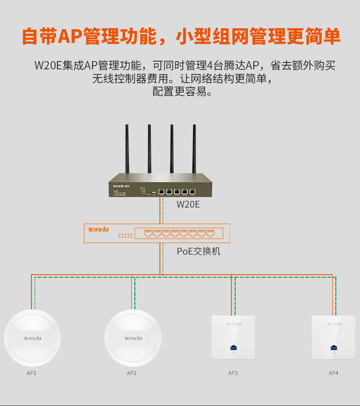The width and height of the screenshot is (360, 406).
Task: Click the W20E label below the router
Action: coord(188,204)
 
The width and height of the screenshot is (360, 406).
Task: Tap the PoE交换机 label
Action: coord(199,251)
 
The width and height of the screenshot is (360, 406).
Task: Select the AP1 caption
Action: coord(31,373)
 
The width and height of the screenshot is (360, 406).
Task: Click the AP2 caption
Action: coord(132,373)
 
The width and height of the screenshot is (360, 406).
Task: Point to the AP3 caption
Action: coord(233,373)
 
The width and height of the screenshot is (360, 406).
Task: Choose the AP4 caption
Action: coord(334,373)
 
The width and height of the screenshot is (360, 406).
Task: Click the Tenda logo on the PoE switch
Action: coord(98,229)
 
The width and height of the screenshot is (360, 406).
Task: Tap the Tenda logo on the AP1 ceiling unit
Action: coord(32,338)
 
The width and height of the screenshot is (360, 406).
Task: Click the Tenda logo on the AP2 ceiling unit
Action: coord(133,338)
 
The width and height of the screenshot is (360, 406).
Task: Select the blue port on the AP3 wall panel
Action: coord(233,348)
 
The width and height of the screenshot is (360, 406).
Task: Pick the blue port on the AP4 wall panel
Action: coord(334,348)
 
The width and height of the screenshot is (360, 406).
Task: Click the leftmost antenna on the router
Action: coord(127,151)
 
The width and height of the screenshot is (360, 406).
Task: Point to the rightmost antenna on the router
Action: coord(194,151)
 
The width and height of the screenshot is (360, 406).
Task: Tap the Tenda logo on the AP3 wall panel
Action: coord(234,324)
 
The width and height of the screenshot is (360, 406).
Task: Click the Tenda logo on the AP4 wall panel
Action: coord(334,324)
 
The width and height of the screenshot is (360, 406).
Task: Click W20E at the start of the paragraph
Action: coord(48,65)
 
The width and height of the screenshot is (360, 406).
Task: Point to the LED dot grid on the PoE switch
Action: coord(125,236)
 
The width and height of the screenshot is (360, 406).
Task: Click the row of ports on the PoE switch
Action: coord(179,234)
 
